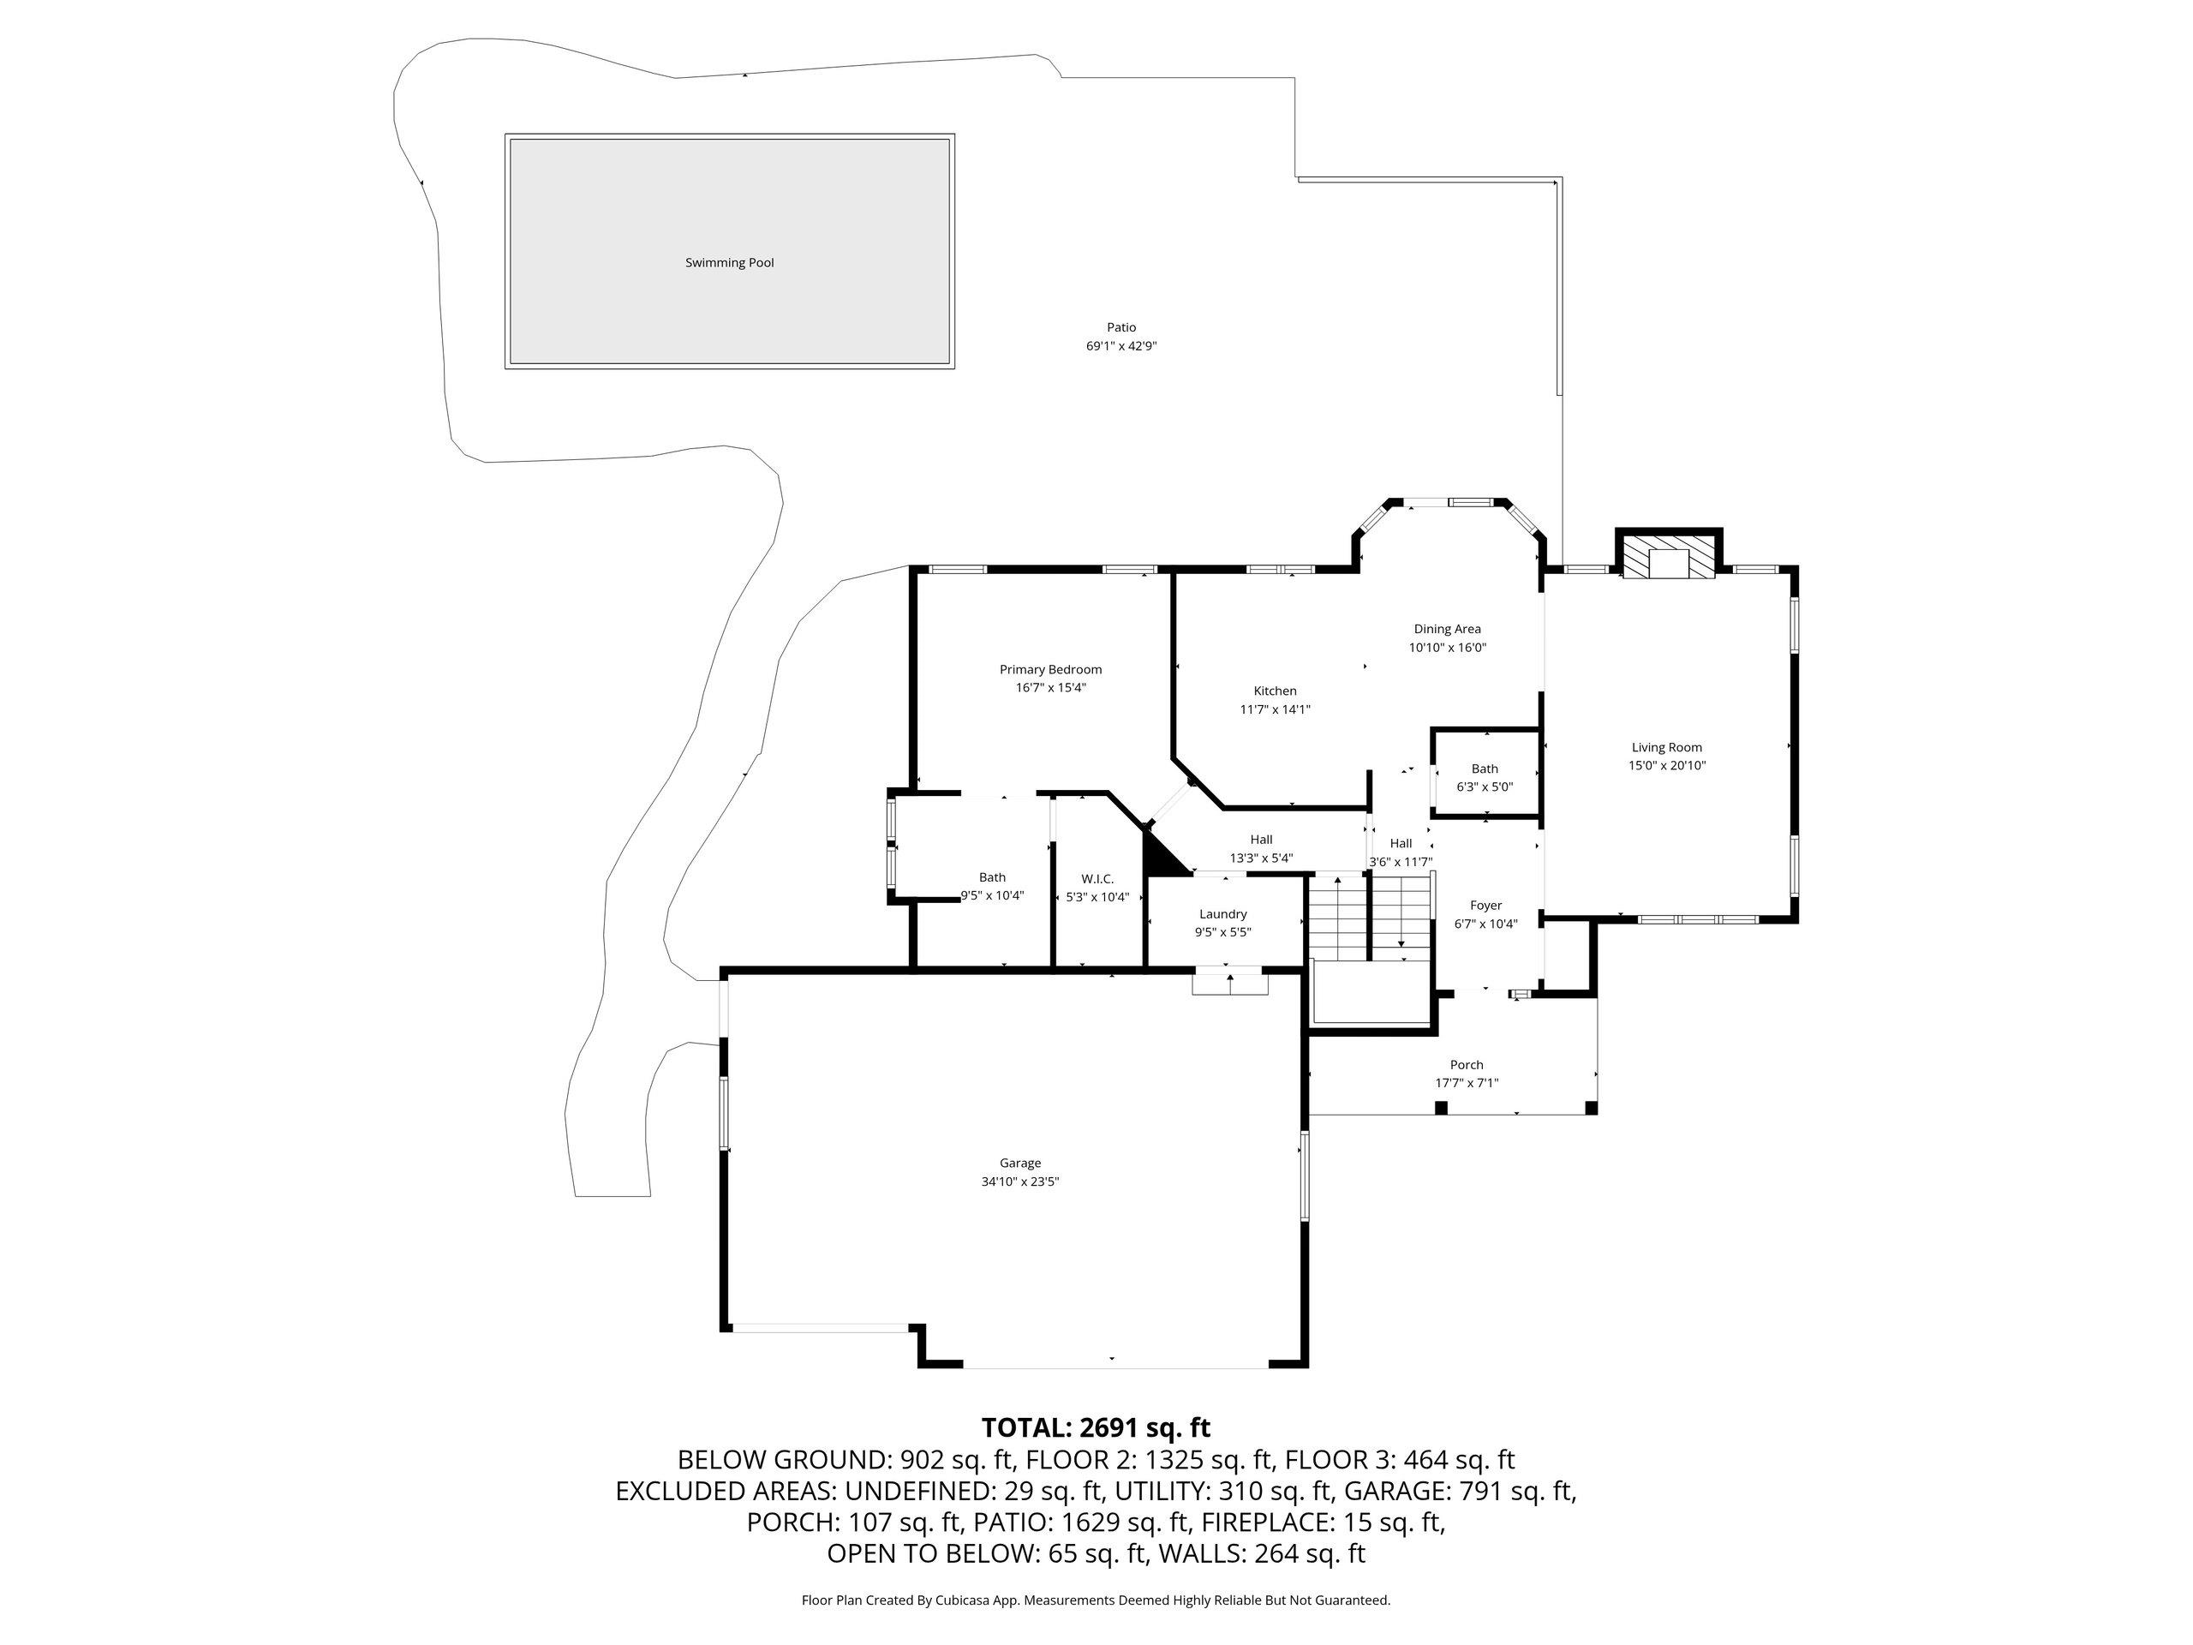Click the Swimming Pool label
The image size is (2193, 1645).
tap(729, 263)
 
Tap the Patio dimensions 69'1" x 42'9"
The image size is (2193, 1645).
tap(1121, 346)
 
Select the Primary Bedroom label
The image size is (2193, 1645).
tap(1050, 669)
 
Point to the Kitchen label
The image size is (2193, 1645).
tap(1275, 691)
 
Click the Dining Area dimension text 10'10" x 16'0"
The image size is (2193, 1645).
tap(1448, 648)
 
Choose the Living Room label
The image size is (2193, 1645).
tap(1666, 748)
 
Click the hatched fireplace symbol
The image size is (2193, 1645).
tap(1669, 559)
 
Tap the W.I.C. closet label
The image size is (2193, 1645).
tap(1097, 878)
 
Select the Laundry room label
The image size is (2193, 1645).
tap(1222, 914)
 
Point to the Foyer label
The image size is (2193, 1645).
tap(1485, 906)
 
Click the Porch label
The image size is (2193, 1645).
tap(1467, 1065)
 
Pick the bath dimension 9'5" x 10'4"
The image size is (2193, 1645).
tap(992, 895)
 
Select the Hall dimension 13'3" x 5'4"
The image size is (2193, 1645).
tap(1261, 858)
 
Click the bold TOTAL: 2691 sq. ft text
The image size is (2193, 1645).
tap(1096, 1428)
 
